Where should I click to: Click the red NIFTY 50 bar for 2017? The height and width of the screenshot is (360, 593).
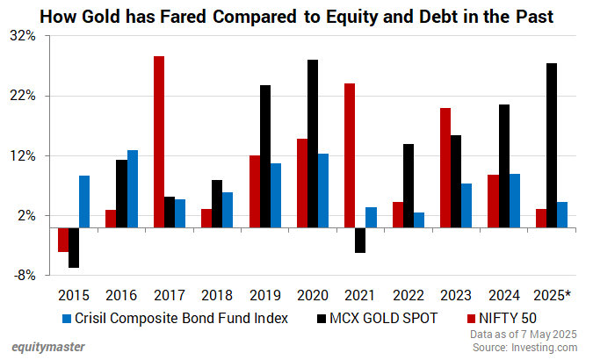pyautogui.click(x=159, y=141)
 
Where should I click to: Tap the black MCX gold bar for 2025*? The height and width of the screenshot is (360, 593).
pyautogui.click(x=551, y=145)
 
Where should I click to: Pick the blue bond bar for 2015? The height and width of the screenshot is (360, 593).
pyautogui.click(x=84, y=201)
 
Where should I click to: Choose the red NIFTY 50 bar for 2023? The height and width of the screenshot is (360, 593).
pyautogui.click(x=445, y=168)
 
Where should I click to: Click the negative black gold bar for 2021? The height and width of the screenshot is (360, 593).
pyautogui.click(x=360, y=240)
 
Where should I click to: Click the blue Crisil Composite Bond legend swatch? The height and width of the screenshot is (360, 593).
pyautogui.click(x=68, y=318)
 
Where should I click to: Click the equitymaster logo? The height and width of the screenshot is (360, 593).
pyautogui.click(x=48, y=346)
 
